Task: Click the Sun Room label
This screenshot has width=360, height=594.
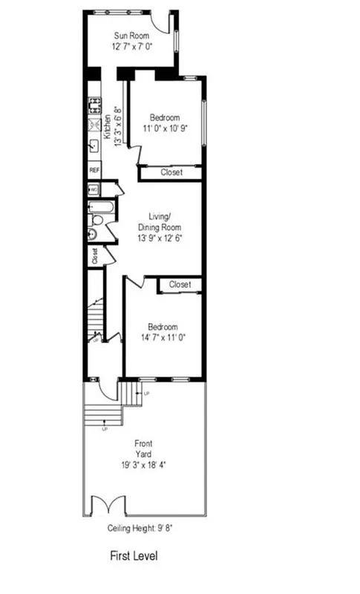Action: click(131, 35)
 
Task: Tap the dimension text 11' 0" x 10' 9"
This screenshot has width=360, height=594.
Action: click(164, 128)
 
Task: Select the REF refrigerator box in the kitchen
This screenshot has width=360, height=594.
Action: click(94, 170)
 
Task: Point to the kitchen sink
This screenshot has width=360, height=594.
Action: click(94, 146)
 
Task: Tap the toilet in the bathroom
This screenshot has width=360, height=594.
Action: click(96, 221)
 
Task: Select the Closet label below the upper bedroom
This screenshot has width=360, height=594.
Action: click(171, 172)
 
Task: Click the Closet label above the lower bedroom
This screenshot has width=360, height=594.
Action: click(180, 284)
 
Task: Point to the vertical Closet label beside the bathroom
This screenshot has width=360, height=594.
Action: click(95, 255)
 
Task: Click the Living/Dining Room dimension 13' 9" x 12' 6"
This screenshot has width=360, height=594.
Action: click(160, 238)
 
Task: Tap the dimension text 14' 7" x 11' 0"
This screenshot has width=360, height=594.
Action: click(162, 337)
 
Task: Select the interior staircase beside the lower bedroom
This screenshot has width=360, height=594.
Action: click(95, 316)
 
